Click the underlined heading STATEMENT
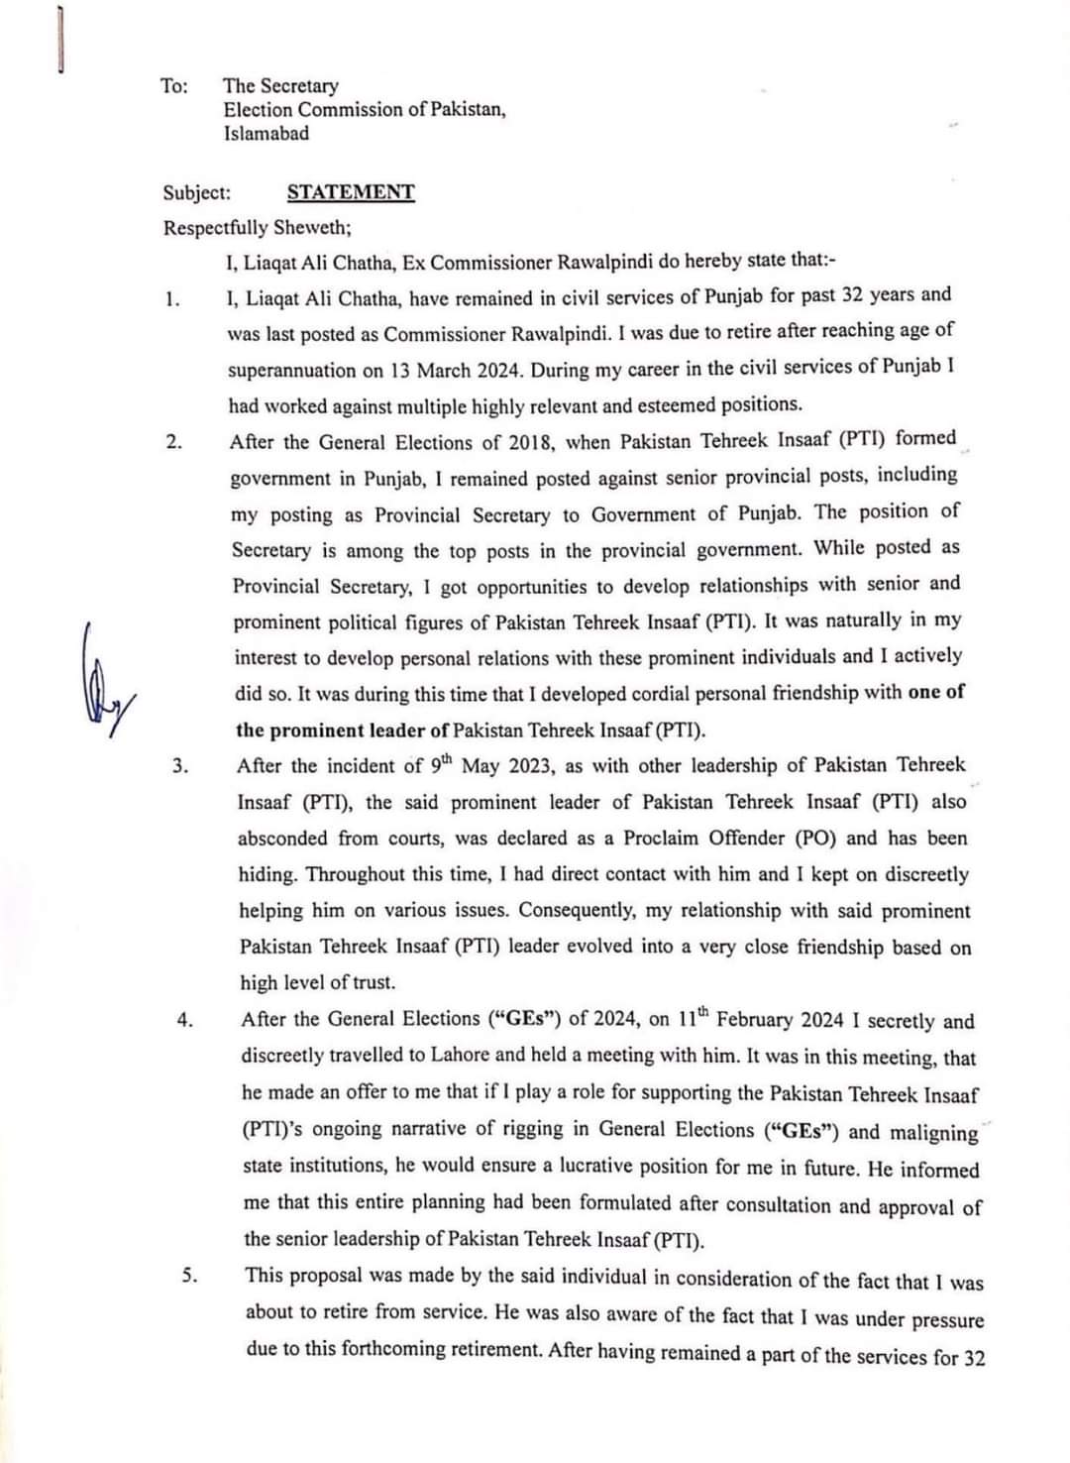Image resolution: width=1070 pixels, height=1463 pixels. (351, 192)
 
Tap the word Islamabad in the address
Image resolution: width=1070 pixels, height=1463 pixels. (266, 134)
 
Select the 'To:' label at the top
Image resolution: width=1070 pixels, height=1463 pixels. (173, 86)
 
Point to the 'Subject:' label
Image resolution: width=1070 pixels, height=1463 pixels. (197, 192)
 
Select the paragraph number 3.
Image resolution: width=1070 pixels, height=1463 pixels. (179, 766)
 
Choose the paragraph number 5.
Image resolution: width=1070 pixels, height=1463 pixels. (188, 1276)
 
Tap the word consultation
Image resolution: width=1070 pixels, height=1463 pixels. (778, 1205)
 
